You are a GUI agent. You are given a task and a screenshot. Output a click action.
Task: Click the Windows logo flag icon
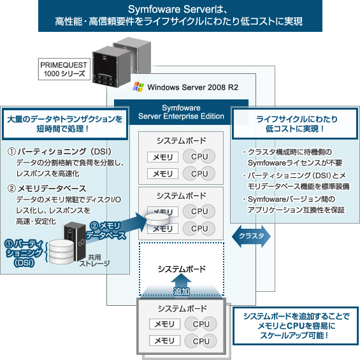coord(138,87)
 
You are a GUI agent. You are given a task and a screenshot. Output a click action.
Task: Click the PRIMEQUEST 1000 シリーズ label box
coord(64,69)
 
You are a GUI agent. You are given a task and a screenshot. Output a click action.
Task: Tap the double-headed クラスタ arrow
coord(251,236)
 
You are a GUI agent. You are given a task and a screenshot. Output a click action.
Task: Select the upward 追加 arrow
coord(181,285)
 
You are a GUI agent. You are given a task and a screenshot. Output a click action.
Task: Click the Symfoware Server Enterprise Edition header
coord(181,112)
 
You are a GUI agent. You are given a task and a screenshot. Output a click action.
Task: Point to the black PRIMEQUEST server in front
coord(112,66)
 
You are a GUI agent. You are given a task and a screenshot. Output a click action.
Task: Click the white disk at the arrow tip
coord(157,219)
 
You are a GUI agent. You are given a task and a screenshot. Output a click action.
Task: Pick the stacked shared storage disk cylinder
coord(61,252)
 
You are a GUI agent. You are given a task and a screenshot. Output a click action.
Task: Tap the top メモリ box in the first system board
coord(162,157)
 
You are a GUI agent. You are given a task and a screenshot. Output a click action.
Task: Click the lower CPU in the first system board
coord(199,173)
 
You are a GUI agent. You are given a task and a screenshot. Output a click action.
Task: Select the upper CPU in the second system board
coord(199,212)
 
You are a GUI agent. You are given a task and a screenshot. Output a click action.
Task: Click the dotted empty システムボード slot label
coord(182,269)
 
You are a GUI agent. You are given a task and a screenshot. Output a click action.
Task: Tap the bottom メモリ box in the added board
coord(164,340)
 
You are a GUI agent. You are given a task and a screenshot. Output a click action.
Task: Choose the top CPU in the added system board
coord(201,324)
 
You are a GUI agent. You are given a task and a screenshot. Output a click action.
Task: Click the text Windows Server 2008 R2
coord(192,87)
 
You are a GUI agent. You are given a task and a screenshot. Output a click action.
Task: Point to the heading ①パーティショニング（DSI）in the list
coord(59,152)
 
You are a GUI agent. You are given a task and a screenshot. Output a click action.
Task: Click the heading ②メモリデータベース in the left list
coord(47,189)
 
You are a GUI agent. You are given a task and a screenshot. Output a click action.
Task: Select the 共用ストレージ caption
coord(94,261)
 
